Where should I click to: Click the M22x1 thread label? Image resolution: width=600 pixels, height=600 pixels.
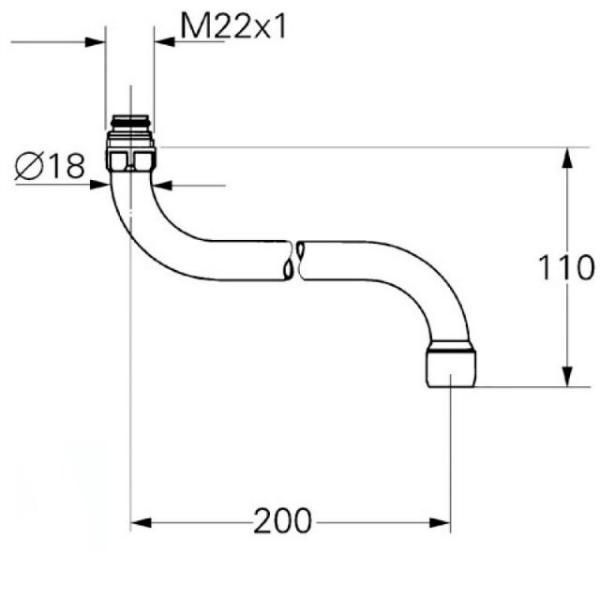pos(233,26)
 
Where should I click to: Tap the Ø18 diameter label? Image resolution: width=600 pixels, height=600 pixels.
pos(50,166)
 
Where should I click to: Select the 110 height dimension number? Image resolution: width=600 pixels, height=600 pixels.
pos(567,267)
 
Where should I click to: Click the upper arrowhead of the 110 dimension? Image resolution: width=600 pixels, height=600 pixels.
pos(567,158)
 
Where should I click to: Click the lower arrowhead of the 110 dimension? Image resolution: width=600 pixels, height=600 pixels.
pos(567,376)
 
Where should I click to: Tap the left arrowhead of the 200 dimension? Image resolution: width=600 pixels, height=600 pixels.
pos(141,522)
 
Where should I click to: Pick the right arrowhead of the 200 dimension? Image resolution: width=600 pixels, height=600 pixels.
pos(440,522)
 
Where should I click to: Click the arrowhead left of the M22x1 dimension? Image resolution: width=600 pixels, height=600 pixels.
pos(95,42)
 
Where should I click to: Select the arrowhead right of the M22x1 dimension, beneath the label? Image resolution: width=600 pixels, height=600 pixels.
pos(165,42)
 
